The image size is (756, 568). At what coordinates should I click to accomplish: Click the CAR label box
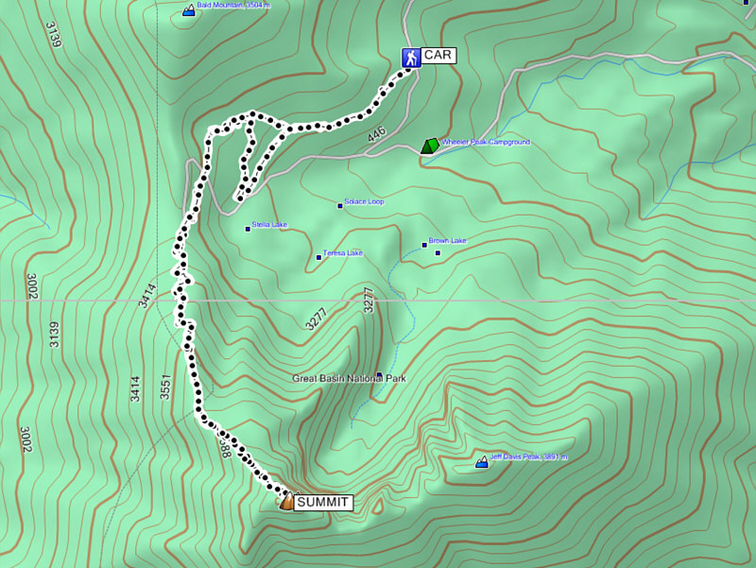click(438, 56)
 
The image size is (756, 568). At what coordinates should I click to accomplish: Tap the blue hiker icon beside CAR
click(410, 58)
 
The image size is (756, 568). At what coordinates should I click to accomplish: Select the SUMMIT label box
click(323, 503)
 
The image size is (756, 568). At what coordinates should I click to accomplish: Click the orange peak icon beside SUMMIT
click(286, 502)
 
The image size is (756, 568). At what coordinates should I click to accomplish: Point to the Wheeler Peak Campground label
click(486, 142)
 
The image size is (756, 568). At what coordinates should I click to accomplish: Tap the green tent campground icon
click(430, 146)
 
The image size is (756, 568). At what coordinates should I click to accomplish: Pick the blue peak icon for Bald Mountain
click(188, 10)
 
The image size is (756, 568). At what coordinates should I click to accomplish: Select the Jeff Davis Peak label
click(528, 456)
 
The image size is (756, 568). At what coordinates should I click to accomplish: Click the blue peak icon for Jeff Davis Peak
click(482, 462)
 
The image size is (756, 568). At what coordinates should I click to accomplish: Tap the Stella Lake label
click(269, 225)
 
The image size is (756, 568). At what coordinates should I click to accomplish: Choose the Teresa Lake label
click(343, 252)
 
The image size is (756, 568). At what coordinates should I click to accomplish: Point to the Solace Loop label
click(364, 201)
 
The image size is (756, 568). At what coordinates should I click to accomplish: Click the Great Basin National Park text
click(349, 378)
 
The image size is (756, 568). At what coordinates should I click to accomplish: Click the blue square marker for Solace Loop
click(340, 205)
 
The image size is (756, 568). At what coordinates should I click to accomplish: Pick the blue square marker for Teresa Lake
click(318, 257)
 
